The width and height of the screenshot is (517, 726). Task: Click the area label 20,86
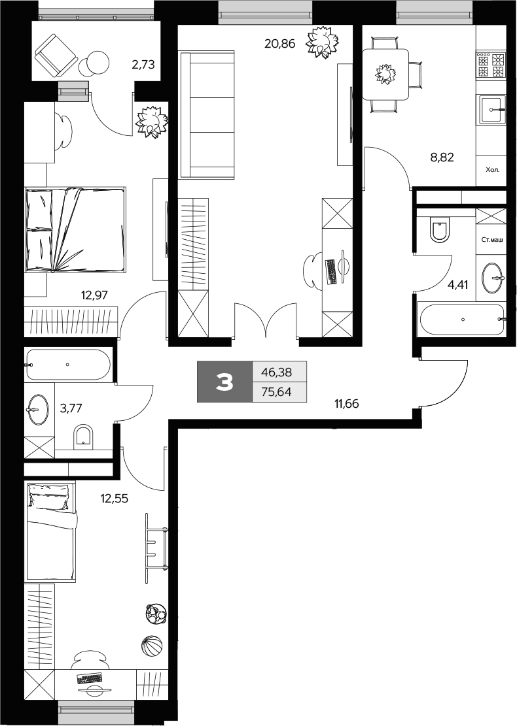tap(278, 44)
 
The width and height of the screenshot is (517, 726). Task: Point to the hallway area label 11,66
tap(347, 403)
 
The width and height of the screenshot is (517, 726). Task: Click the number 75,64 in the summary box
tap(276, 391)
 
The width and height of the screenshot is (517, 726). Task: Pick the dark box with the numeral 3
tap(224, 382)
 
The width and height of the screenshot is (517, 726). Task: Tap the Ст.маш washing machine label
tap(491, 240)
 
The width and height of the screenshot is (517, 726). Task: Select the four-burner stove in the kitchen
tap(491, 65)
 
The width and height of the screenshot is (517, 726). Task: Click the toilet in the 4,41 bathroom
tap(439, 230)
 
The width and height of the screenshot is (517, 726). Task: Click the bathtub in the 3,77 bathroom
tap(68, 365)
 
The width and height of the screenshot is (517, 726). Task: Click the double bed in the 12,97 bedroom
tap(75, 229)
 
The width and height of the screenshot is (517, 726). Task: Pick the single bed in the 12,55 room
tap(51, 530)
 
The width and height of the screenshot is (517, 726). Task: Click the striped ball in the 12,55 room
tap(151, 646)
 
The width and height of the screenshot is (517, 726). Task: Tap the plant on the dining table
tap(385, 74)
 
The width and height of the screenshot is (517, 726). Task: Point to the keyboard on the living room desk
tap(330, 271)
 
